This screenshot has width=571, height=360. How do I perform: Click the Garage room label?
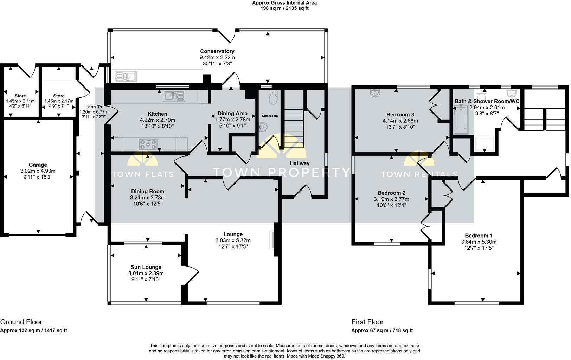tap(38, 165)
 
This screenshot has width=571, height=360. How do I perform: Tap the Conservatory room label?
tap(217, 51)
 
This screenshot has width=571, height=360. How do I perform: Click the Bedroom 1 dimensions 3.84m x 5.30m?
tap(479, 242)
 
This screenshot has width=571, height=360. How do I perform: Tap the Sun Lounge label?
tap(146, 267)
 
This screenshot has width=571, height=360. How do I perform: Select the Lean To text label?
tap(94, 107)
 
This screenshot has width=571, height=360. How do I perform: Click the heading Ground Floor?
tap(21, 322)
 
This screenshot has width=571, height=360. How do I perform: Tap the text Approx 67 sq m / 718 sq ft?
tap(382, 330)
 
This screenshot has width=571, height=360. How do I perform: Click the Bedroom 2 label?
tap(391, 193)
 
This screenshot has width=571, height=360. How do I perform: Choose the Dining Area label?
tap(232, 113)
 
